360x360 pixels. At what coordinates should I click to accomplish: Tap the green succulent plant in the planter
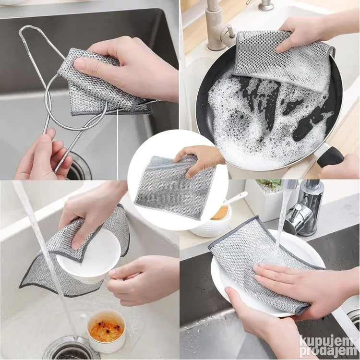269,183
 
